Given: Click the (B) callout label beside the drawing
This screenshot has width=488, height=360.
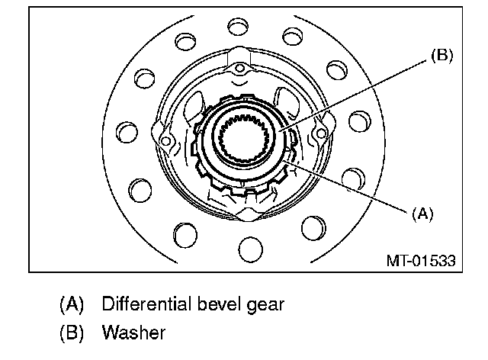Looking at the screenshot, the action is [x=441, y=56].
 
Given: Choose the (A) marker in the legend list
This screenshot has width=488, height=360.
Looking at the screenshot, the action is [x=71, y=304].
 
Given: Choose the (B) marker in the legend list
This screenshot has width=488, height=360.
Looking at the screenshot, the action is [x=71, y=333].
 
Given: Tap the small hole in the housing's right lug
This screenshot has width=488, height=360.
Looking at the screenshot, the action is [x=320, y=132].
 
